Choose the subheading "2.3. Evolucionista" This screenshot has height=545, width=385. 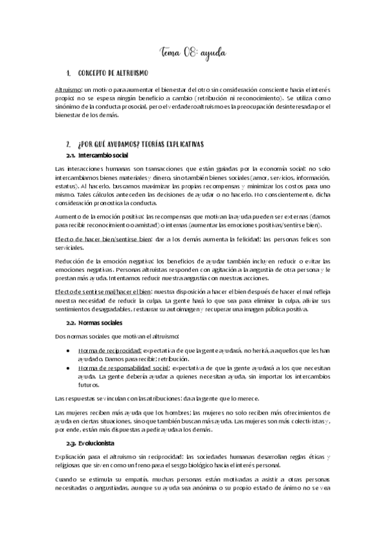pyautogui.click(x=92, y=443)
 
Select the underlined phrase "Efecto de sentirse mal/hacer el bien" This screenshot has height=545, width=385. pyautogui.click(x=107, y=291)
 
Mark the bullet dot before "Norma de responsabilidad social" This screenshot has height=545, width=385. pyautogui.click(x=69, y=368)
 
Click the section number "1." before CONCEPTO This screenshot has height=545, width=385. pyautogui.click(x=69, y=75)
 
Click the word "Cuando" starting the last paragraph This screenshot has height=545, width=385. pyautogui.click(x=67, y=478)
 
